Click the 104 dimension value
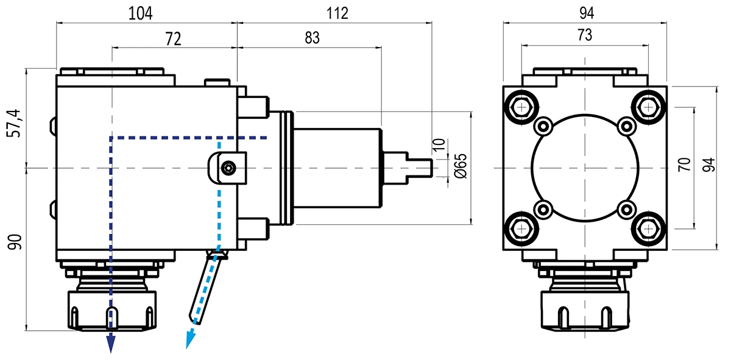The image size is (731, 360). point(140,14)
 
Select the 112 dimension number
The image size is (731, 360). point(337,14)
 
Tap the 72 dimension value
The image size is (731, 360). point(173,39)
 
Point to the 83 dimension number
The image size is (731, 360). point(313,38)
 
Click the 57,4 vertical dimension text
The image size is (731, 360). point(13,124)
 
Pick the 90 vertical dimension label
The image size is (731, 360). point(15,242)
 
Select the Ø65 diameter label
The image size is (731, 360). point(461,166)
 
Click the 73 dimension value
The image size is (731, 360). point(584,35)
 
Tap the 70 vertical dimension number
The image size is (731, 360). point(684,164)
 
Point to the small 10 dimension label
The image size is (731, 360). point(438,145)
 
